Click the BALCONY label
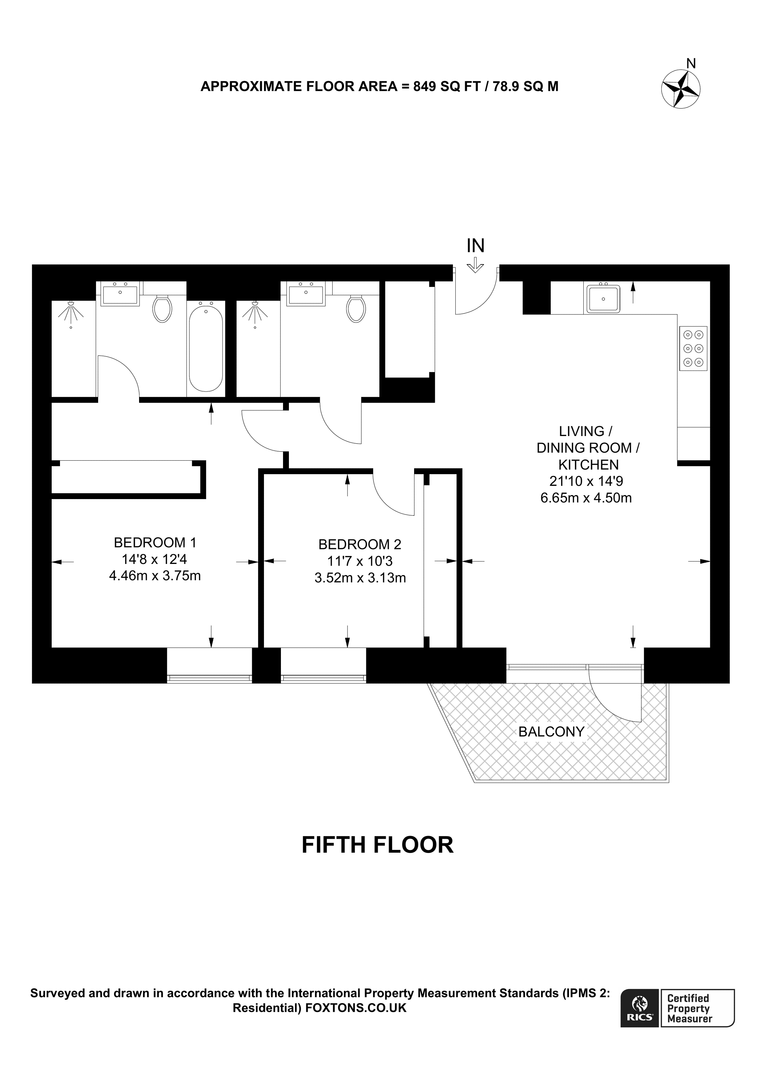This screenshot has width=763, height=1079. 551,732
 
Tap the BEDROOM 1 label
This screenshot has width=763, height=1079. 155,543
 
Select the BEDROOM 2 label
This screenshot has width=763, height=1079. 360,544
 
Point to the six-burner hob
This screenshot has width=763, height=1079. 693,348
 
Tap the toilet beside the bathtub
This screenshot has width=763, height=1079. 162,309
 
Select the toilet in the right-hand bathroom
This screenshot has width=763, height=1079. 356,309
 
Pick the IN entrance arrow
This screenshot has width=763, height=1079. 475,265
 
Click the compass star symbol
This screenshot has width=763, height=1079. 680,89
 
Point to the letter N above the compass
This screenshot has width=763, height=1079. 691,63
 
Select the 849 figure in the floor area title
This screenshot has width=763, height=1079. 423,86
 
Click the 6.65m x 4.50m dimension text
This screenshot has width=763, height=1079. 586,498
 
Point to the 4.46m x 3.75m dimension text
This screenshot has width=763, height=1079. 155,576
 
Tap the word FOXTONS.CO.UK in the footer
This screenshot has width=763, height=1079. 356,1008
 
